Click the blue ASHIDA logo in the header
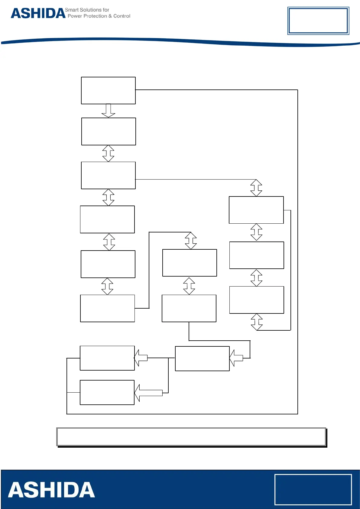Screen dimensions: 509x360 coord(38,13)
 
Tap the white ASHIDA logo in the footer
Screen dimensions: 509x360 coord(51,490)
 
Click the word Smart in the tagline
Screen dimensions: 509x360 coord(72,10)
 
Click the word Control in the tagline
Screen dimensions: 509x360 coord(122,16)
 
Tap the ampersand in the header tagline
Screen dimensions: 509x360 coord(110,16)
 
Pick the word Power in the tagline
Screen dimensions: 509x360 coord(75,16)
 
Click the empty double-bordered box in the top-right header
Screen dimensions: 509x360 coord(318,21)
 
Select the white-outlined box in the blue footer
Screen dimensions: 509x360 coord(313,489)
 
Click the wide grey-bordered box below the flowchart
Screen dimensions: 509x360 coord(191,437)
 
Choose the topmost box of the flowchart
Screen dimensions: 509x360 coord(108,90)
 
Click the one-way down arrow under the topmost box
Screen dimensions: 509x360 coord(108,111)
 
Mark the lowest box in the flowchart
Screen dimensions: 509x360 coord(107,392)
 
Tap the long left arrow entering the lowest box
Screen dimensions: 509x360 coord(149,393)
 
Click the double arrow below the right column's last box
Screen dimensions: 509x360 coord(257,322)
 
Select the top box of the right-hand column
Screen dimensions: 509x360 coord(256,210)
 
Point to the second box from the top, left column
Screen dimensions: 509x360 coord(109,131)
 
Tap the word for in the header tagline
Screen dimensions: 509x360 coord(106,10)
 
